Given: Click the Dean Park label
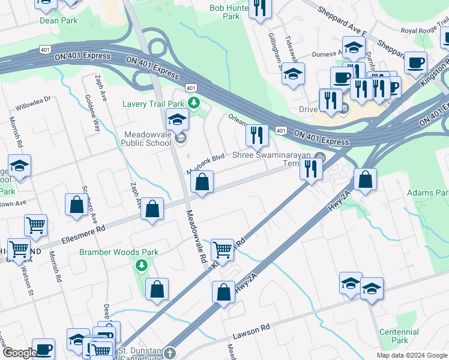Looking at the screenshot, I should click(x=59, y=20).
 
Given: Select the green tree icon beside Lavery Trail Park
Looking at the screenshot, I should click(x=193, y=103).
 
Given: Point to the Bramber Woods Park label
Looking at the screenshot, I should click(x=119, y=252).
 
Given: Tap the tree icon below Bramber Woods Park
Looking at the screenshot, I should click(x=142, y=265).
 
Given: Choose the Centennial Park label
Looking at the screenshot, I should click(x=399, y=336).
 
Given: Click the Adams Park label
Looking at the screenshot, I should click(x=427, y=193).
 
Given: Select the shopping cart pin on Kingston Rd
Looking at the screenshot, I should click(x=222, y=248).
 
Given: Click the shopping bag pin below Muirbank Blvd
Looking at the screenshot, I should click(x=202, y=182).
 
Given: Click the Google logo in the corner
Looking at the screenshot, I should click(x=20, y=353).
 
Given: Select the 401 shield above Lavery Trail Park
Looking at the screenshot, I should click(x=191, y=88).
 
